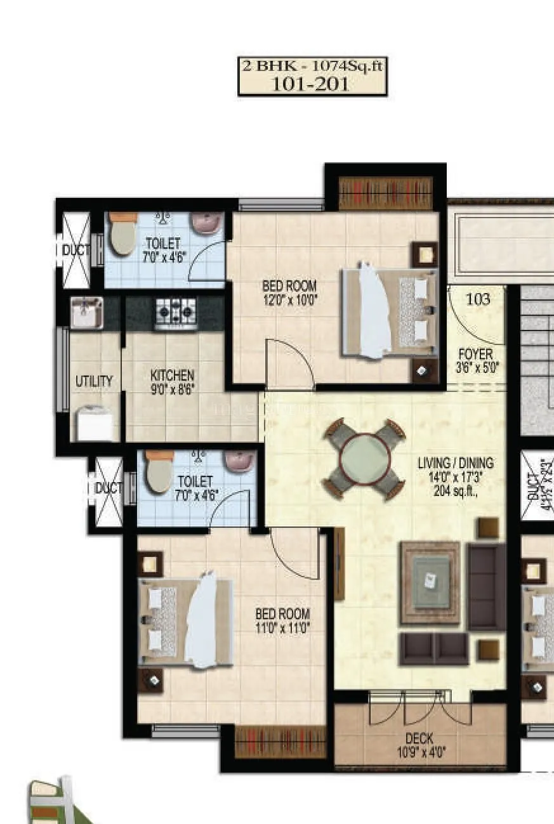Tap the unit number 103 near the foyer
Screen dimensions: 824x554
click(478, 299)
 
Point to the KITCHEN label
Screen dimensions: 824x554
click(172, 376)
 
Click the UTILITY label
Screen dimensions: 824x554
click(94, 381)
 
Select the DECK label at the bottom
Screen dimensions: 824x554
click(419, 738)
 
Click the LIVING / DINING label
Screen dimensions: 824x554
click(455, 463)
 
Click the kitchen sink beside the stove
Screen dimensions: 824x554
click(86, 313)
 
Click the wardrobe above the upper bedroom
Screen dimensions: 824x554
click(385, 193)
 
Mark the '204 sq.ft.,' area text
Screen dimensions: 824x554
click(455, 490)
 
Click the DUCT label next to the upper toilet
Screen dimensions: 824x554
click(75, 251)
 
